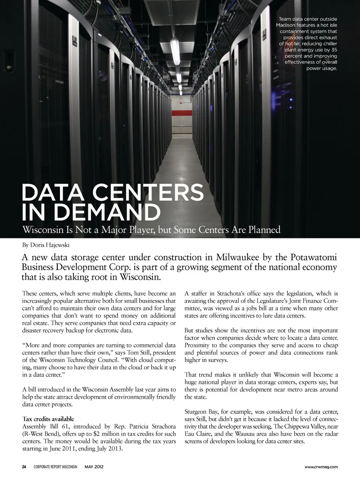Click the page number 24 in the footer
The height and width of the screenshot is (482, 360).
click(24, 467)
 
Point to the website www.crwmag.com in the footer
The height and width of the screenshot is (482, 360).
click(321, 467)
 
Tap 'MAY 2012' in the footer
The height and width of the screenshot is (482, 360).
click(94, 467)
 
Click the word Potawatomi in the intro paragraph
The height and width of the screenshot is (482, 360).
click(313, 258)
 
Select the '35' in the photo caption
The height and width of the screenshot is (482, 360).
click(333, 50)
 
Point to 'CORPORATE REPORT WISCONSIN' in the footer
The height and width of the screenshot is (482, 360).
click(55, 467)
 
